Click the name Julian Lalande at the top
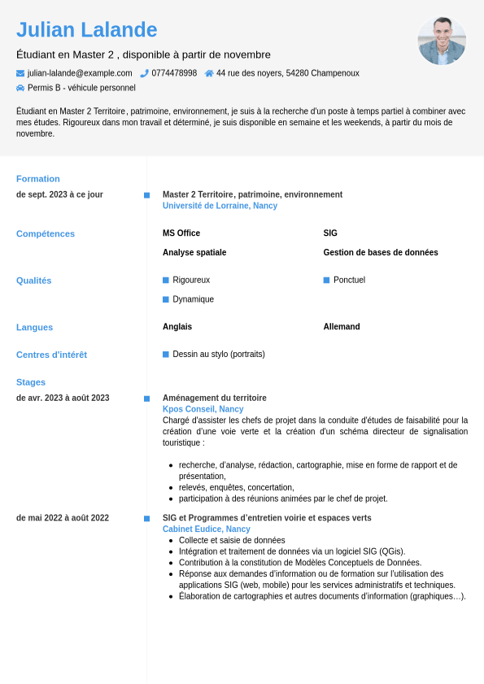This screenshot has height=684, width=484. tap(87, 30)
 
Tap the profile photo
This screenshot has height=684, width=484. tap(442, 41)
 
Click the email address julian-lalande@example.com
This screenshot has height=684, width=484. tap(80, 73)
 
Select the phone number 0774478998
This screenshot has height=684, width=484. tap(174, 73)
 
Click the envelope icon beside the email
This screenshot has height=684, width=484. tap(20, 73)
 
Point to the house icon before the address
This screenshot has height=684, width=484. tap(209, 73)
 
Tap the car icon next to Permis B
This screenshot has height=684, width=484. tap(20, 88)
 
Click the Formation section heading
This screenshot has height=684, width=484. tap(38, 179)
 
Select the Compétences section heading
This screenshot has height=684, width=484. tap(46, 234)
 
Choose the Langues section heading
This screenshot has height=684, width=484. tap(34, 328)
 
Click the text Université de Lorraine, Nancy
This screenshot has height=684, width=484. tap(220, 206)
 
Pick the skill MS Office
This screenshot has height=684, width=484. tap(181, 233)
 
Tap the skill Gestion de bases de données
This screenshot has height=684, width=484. tap(381, 253)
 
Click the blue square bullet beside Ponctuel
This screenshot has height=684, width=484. tap(326, 280)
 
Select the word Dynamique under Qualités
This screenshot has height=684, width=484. tap(194, 299)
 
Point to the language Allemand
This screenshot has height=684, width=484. tap(342, 327)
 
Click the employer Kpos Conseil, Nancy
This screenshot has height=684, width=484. tap(203, 409)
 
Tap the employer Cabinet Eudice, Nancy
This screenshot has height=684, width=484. tap(206, 529)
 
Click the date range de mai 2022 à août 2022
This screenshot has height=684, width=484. tap(63, 518)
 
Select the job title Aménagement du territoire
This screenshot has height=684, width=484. tap(215, 398)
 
